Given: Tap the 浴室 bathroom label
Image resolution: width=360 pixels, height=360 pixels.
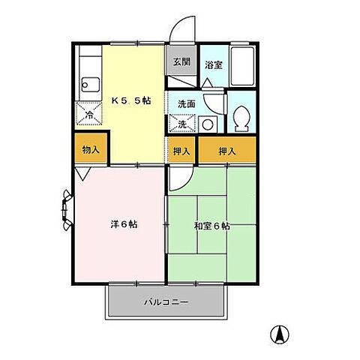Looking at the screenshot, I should point(214,64).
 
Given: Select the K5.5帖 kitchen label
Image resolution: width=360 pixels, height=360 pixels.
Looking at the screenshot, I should point(133,100).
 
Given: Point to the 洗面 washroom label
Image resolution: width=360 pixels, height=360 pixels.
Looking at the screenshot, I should point(186,104).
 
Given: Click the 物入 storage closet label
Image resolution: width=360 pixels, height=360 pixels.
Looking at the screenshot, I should point(90,150).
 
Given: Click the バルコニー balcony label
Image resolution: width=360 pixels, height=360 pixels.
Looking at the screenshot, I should point(166,303).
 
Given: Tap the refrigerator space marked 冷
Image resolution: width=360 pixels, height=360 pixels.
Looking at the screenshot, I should point(89,115).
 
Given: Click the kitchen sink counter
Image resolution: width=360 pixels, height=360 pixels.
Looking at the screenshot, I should point(88,74).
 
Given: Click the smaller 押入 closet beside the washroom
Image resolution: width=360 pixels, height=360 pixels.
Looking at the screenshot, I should point(181,151).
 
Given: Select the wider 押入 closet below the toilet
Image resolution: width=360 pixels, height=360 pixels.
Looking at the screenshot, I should point(226,151).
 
